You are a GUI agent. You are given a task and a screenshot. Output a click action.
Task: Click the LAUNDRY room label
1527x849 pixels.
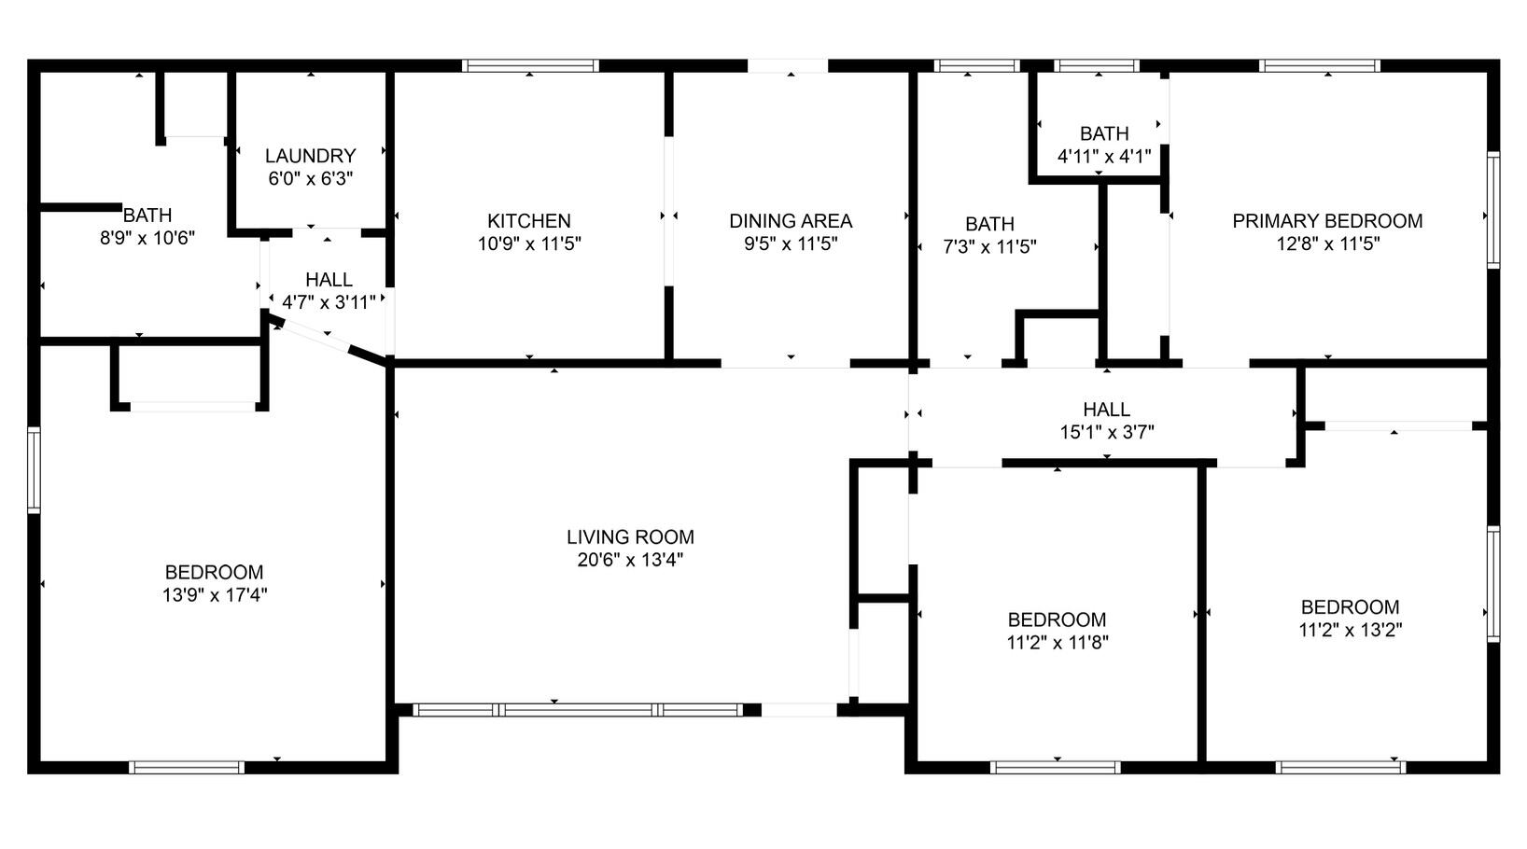click(x=310, y=156)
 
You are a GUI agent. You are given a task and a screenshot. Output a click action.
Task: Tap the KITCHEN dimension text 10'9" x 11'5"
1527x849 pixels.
click(x=529, y=244)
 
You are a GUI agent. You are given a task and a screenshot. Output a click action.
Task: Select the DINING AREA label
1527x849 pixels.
click(x=790, y=221)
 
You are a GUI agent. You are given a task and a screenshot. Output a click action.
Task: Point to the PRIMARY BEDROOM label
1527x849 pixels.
click(x=1326, y=221)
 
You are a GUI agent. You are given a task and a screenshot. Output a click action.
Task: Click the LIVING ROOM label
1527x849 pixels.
click(x=630, y=537)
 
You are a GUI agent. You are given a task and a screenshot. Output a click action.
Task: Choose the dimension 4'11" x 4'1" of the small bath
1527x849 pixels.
click(x=1103, y=157)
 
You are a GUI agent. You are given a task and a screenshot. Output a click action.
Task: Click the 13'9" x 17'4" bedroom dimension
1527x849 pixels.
click(x=214, y=595)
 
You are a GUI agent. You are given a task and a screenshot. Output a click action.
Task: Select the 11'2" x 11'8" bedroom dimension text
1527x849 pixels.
click(x=1057, y=643)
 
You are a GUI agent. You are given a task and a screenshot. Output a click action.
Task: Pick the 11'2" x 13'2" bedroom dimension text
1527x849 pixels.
click(x=1350, y=630)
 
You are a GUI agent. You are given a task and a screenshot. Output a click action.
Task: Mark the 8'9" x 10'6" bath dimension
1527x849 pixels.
click(x=147, y=238)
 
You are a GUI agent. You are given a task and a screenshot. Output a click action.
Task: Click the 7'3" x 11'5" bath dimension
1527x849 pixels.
click(x=989, y=247)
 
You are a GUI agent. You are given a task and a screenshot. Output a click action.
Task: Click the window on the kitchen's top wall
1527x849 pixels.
click(x=530, y=65)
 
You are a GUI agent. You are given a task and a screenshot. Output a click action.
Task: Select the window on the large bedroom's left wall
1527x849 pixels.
click(x=34, y=470)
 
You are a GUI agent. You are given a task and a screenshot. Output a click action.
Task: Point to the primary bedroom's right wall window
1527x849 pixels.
click(x=1492, y=211)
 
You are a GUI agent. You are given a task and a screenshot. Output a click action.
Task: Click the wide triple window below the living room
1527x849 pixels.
click(x=578, y=710)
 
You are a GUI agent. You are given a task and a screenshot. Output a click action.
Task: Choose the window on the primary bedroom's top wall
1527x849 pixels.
click(x=1319, y=65)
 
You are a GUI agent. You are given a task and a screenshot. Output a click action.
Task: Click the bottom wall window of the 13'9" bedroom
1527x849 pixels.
click(x=187, y=767)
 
